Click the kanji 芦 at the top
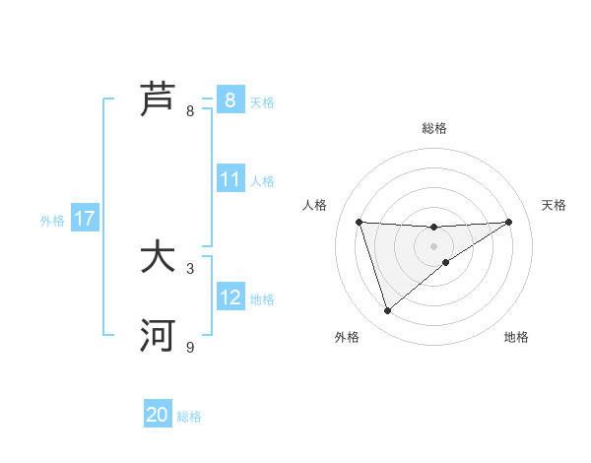[x=159, y=99]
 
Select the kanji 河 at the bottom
[x=159, y=336]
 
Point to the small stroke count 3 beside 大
[x=190, y=268]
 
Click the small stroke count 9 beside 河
[x=190, y=347]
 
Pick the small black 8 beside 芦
[x=190, y=110]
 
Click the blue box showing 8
[x=230, y=99]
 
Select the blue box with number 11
[x=230, y=179]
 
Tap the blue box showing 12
[x=230, y=298]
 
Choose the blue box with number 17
[x=85, y=219]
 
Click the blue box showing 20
[x=158, y=415]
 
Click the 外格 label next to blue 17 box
[x=52, y=220]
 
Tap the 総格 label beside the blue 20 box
[x=189, y=416]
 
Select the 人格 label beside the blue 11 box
[x=262, y=180]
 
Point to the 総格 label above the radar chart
[x=434, y=128]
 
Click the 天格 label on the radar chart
[x=555, y=205]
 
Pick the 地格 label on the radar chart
[x=516, y=337]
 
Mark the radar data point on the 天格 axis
[x=508, y=222]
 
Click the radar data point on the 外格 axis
[x=387, y=311]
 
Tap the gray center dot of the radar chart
[x=433, y=245]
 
